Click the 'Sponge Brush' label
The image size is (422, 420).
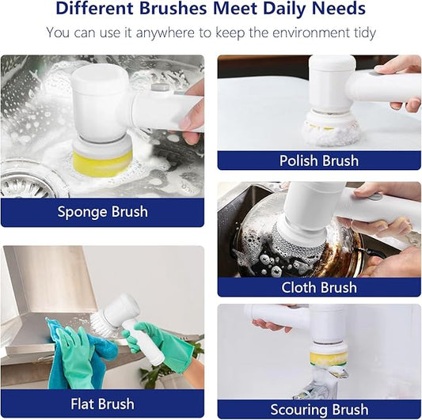pyautogui.click(x=102, y=212)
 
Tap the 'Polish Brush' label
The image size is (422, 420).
pyautogui.click(x=319, y=161)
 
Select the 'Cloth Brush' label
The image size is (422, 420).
pyautogui.click(x=319, y=287)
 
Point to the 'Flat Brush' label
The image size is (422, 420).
pyautogui.click(x=102, y=404)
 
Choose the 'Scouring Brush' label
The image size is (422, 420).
pyautogui.click(x=319, y=409)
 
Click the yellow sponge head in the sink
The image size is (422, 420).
pyautogui.click(x=103, y=162)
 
